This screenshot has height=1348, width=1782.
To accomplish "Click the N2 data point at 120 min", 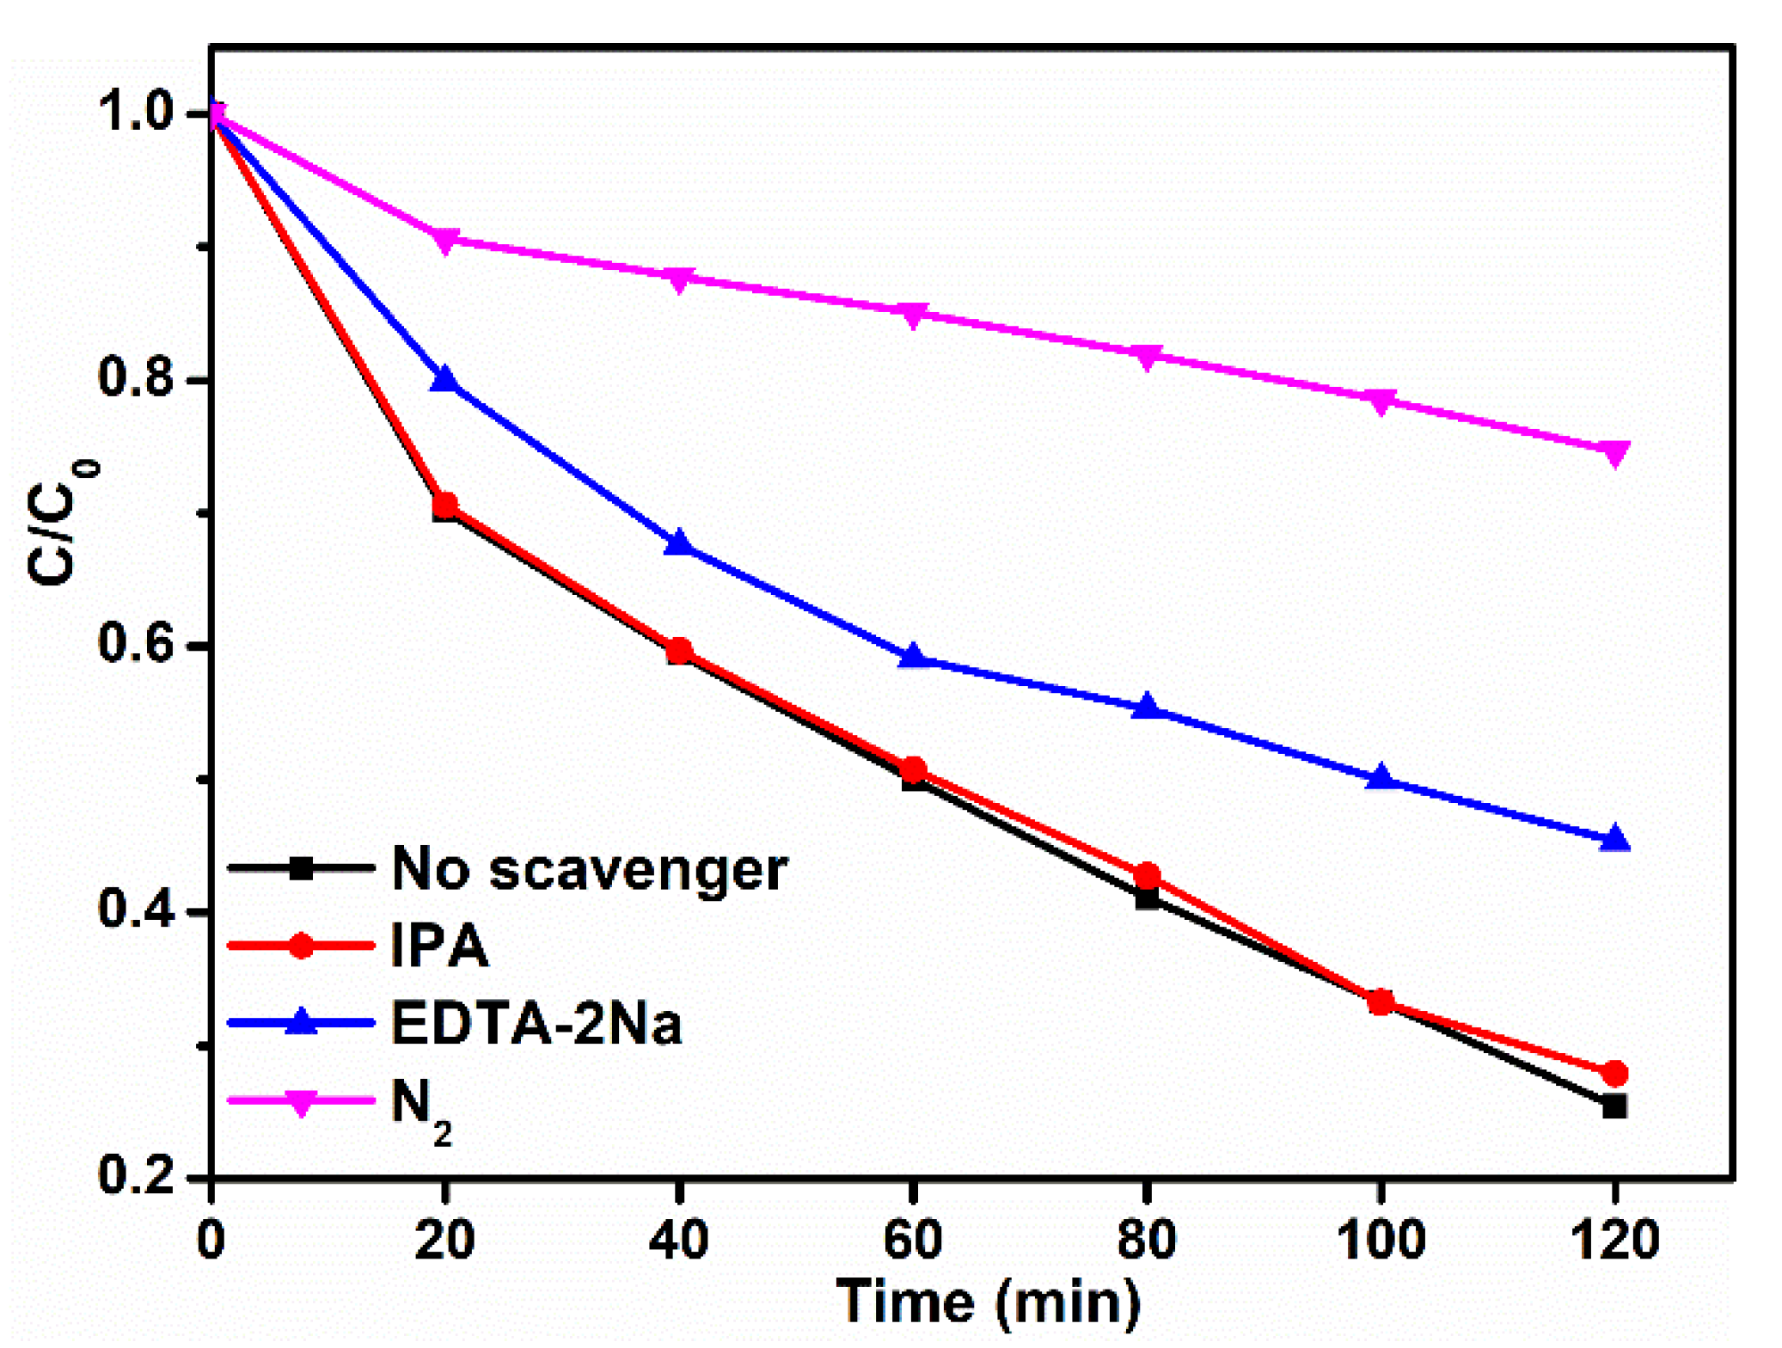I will [x=1614, y=453].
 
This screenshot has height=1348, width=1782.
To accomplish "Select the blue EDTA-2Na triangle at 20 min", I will [x=444, y=379].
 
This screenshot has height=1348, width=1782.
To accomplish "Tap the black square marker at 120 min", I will [x=1614, y=1106].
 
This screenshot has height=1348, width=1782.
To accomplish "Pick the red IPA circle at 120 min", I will [x=1614, y=1073].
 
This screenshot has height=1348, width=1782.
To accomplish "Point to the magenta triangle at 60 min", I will [x=913, y=315].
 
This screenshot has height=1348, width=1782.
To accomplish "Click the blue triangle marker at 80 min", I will [x=1147, y=707].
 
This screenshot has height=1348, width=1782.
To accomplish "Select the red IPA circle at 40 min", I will [x=679, y=651].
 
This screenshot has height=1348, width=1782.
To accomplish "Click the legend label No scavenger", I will [x=589, y=869].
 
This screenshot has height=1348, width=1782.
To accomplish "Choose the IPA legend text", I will [x=439, y=946].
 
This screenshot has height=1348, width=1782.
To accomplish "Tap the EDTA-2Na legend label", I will [x=536, y=1023].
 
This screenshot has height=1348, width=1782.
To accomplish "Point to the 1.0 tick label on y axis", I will [x=138, y=113].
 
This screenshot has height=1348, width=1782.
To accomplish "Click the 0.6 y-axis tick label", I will [x=138, y=644].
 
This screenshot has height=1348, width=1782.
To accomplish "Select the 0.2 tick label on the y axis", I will [x=138, y=1174].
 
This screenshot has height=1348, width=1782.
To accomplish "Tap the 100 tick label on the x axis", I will [x=1381, y=1241].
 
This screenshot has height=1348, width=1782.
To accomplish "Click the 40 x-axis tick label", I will [x=679, y=1241].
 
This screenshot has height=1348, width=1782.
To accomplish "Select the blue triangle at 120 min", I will [x=1614, y=838].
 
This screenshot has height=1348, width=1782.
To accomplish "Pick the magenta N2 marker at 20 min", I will [x=444, y=240].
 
